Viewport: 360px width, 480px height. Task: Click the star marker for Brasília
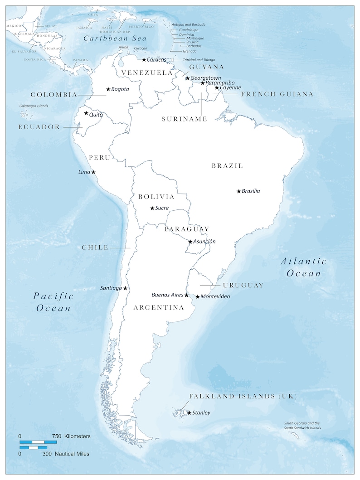pos(238,191)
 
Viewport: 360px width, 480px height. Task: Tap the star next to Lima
pos(93,172)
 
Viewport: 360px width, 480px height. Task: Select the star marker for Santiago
pos(125,288)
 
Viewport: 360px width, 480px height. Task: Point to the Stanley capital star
pos(189,412)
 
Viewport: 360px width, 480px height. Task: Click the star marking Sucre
pos(152,208)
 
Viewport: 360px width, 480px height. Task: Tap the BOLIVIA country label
pos(156,197)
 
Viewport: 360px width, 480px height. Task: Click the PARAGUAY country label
pos(187,229)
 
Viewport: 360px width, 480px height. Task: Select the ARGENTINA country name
pos(159,308)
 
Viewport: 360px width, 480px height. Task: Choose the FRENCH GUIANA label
pos(277,94)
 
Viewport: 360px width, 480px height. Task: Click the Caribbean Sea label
pos(116,39)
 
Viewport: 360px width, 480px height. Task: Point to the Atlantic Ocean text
pos(303,267)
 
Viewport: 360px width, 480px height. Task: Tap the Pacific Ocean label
pos(54,302)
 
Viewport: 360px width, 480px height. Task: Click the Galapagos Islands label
pos(34,106)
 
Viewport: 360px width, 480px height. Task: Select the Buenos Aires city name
pos(167,295)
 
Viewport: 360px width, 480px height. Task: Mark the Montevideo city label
pos(215,296)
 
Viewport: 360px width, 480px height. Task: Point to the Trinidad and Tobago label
pos(199,60)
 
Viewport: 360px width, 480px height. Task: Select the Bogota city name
pos(120,89)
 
